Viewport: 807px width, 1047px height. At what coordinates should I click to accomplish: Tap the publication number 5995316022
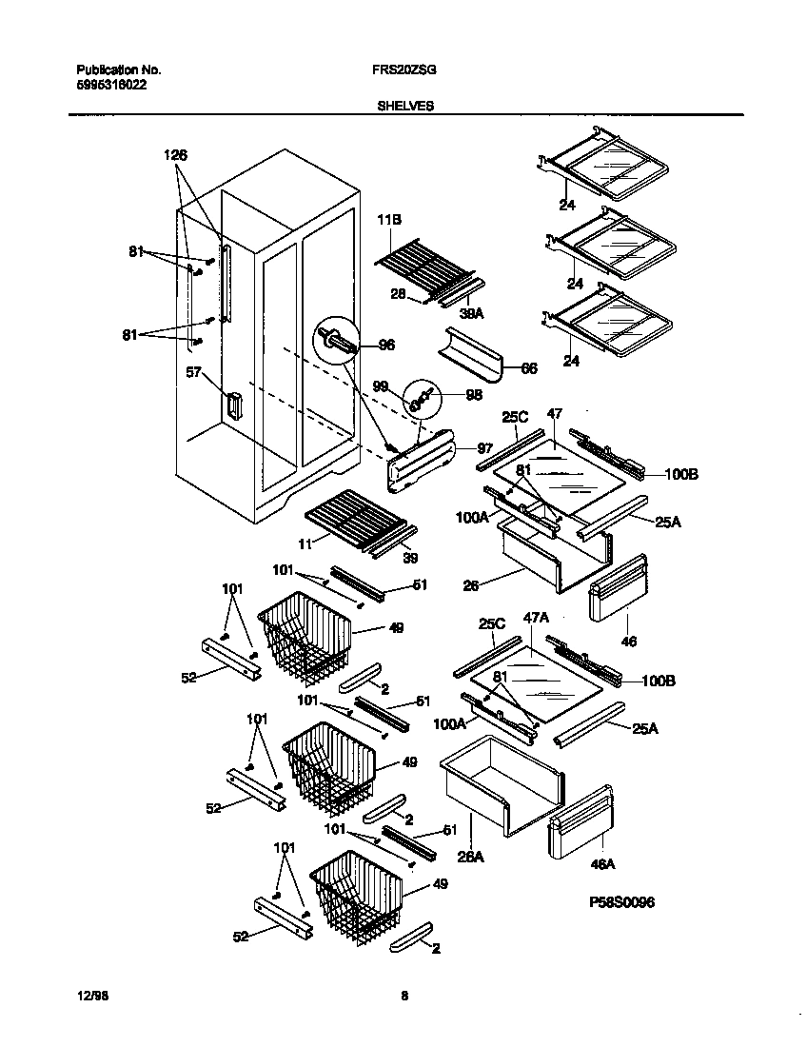click(111, 85)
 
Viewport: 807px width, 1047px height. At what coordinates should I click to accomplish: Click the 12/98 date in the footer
click(89, 996)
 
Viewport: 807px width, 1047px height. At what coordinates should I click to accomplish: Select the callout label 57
click(193, 374)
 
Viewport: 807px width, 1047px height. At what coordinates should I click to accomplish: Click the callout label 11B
click(390, 219)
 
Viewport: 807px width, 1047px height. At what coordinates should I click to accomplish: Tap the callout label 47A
click(538, 618)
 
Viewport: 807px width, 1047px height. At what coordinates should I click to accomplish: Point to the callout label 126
click(175, 155)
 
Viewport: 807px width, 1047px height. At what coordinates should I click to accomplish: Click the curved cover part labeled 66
click(471, 349)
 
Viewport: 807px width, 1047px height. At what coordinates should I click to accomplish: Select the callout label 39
click(410, 558)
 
